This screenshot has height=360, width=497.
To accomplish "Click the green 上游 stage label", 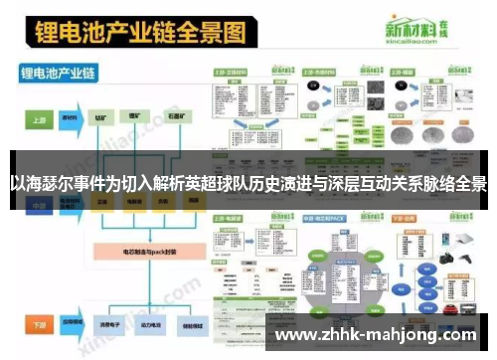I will point(40,116).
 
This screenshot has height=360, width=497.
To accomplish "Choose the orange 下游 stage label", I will point(40,325).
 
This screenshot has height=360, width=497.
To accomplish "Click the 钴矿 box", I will point(102,116).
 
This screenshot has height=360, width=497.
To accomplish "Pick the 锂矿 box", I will point(134,116).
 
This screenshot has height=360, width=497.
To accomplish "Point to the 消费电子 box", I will point(104,325).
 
